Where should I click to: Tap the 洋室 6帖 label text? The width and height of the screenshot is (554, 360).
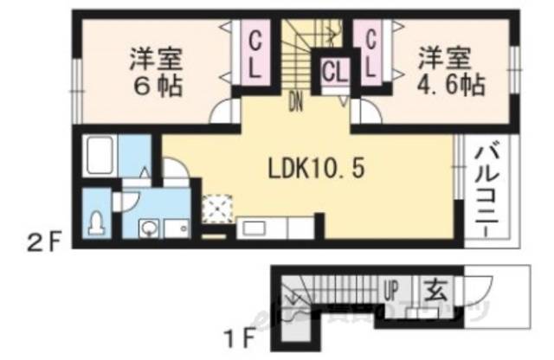155,74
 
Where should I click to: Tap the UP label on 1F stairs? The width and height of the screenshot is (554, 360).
392,287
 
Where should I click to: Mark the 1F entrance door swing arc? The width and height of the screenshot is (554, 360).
480,286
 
